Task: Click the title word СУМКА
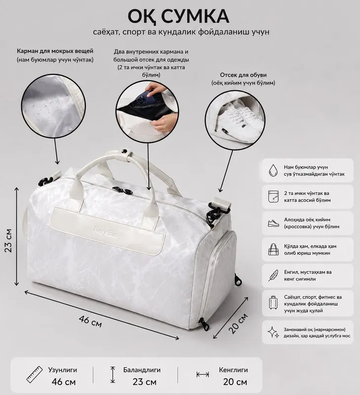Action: pyautogui.click(x=195, y=16)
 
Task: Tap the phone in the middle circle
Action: pyautogui.click(x=145, y=98)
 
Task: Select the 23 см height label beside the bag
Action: pyautogui.click(x=8, y=240)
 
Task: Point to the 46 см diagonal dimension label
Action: pyautogui.click(x=90, y=321)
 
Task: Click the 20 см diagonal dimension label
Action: pyautogui.click(x=238, y=323)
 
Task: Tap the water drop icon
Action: pyautogui.click(x=273, y=170)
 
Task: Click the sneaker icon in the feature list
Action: pyautogui.click(x=274, y=223)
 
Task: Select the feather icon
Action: pyautogui.click(x=273, y=276)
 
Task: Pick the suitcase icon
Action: pyautogui.click(x=273, y=303)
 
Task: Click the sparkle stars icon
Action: pyautogui.click(x=274, y=332)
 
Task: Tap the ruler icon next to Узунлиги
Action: pyautogui.click(x=35, y=375)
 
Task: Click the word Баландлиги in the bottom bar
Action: pyautogui.click(x=142, y=370)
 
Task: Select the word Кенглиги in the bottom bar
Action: pyautogui.click(x=233, y=370)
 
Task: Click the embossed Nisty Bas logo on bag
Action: pyautogui.click(x=105, y=231)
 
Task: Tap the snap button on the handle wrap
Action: pyautogui.click(x=124, y=151)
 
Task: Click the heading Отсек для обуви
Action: pyautogui.click(x=243, y=75)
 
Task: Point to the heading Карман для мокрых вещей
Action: pyautogui.click(x=55, y=51)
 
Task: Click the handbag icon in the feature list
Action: pyautogui.click(x=273, y=249)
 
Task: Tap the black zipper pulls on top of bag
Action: pyautogui.click(x=122, y=190)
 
